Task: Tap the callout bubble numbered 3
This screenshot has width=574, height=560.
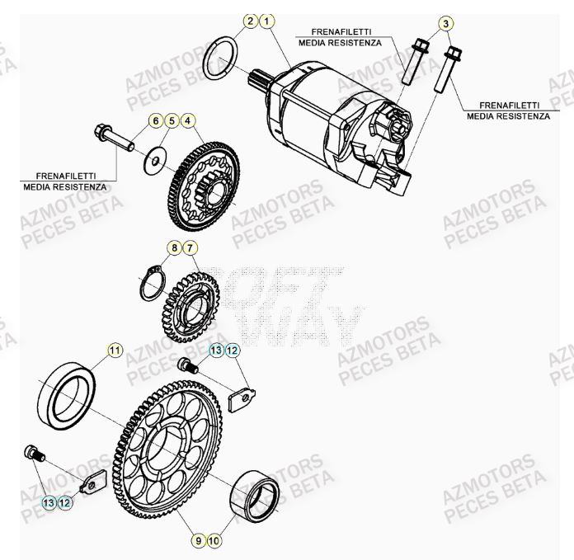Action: coord(445,23)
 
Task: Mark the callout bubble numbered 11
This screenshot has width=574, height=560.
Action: coord(115,351)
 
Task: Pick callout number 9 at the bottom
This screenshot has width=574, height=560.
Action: coord(198,541)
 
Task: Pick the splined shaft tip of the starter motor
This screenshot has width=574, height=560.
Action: coord(256,80)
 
